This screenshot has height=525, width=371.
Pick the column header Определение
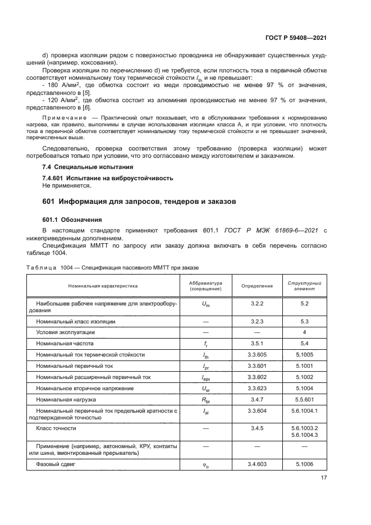(x=257, y=286)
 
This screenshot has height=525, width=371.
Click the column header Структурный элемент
(x=304, y=286)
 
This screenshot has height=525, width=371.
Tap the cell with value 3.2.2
(x=257, y=303)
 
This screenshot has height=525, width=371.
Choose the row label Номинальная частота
(x=65, y=343)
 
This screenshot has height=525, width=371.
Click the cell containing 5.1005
(x=304, y=354)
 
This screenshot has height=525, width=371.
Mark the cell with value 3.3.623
(x=257, y=388)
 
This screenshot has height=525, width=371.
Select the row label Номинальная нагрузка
(x=66, y=399)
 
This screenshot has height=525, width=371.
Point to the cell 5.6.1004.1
(x=304, y=410)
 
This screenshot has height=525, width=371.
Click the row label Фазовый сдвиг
(x=56, y=465)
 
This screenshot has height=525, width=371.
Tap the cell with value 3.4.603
(x=257, y=465)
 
